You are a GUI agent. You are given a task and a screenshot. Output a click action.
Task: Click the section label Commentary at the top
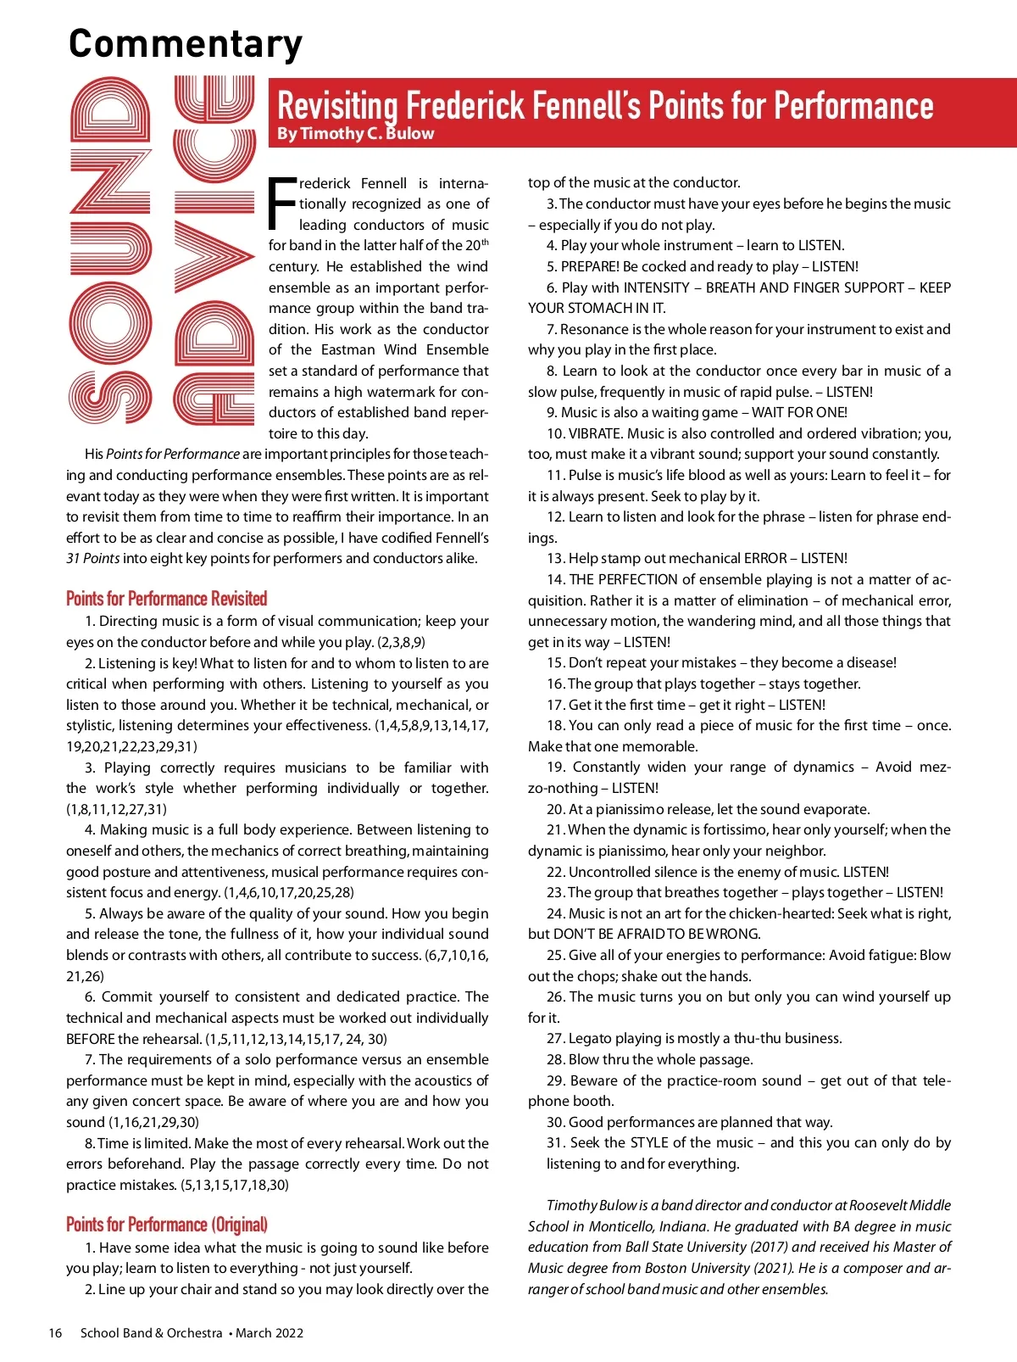pos(185,43)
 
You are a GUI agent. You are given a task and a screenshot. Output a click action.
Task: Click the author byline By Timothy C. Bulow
pos(355,133)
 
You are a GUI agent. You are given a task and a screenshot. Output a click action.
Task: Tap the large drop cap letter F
pos(282,204)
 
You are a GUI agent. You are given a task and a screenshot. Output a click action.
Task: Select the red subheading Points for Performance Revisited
pos(166,599)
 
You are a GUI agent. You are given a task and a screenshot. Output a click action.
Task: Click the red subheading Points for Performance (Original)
pos(167,1225)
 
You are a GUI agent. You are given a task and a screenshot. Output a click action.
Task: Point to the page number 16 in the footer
pos(55,1333)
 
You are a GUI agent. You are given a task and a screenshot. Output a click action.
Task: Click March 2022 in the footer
pos(270,1333)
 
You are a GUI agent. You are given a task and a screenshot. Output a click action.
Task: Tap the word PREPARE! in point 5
pos(590,266)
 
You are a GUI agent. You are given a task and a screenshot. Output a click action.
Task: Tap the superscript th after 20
pos(485,243)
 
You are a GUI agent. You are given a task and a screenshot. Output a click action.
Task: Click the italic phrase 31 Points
pos(92,558)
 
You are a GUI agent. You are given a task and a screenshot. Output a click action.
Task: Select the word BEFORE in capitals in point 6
pos(90,1039)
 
